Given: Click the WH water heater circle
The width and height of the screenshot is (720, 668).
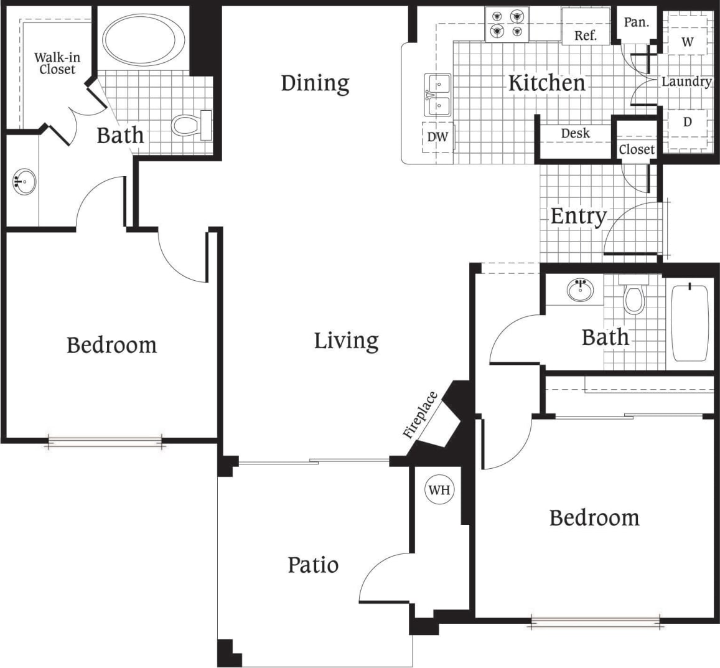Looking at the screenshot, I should point(439,490).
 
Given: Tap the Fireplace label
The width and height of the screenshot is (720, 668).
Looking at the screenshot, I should point(421,415).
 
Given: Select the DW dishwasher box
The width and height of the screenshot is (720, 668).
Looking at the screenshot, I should point(438,137).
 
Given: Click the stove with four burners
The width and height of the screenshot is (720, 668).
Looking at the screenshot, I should point(507,24).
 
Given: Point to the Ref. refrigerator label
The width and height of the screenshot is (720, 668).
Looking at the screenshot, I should point(585,35).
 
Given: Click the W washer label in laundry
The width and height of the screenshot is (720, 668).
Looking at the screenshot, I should point(687,42).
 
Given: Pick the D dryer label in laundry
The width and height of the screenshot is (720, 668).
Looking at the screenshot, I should point(687,122).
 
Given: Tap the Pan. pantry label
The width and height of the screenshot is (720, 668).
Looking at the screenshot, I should point(636,22).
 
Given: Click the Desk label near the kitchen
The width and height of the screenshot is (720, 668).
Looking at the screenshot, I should point(575,133).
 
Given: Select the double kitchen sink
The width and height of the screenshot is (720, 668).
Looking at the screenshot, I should point(438,95).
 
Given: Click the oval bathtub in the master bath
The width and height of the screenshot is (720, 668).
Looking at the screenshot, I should point(144,39).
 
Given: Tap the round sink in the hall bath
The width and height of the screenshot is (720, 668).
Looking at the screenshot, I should point(580,290).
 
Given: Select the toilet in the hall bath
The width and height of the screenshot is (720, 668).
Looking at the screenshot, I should point(634,296).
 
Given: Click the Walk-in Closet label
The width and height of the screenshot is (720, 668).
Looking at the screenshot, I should point(57,64).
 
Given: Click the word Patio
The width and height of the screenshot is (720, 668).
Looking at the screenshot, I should point(313,565).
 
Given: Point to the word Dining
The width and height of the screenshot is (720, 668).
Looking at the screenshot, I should point(315,83).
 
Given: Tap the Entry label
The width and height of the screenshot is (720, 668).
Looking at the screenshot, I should point(578,216).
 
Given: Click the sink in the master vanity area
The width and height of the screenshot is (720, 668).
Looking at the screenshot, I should point(24,183).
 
